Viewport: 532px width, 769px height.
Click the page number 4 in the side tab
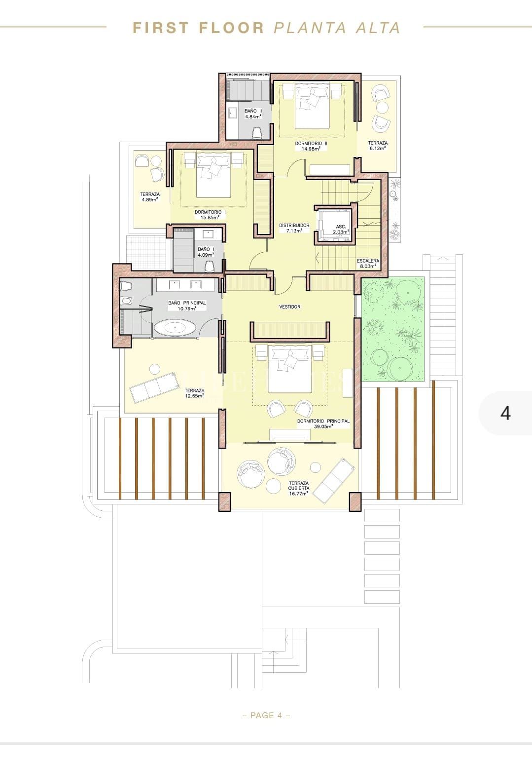coord(505,413)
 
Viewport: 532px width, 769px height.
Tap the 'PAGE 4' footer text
coord(266,715)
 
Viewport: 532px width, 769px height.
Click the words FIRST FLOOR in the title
coord(199,28)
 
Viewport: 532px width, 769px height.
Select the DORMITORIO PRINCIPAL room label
coord(323,423)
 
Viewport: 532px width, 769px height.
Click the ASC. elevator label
coord(341,229)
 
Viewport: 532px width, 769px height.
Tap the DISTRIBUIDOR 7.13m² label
coord(294,228)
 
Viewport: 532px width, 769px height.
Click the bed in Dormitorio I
coord(213,173)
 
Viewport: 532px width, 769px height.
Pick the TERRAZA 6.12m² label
coord(378,145)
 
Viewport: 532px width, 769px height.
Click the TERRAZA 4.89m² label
coord(149,197)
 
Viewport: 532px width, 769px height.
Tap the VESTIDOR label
coord(289,307)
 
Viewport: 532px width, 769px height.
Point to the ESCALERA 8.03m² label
coord(368,263)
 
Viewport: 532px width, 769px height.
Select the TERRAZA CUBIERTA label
coord(299,488)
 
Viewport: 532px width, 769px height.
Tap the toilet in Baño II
coord(256,133)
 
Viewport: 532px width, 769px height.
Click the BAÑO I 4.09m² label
coord(206,252)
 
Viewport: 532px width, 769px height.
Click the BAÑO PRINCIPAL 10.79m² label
coord(187,306)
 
